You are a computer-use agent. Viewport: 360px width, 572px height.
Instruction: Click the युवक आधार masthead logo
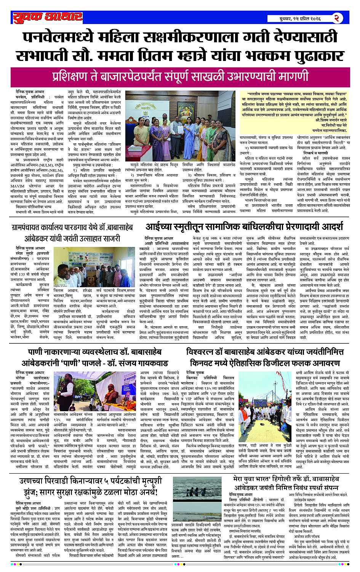pos(47,17)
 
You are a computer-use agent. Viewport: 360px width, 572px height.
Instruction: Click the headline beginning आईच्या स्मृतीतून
pos(244,227)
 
